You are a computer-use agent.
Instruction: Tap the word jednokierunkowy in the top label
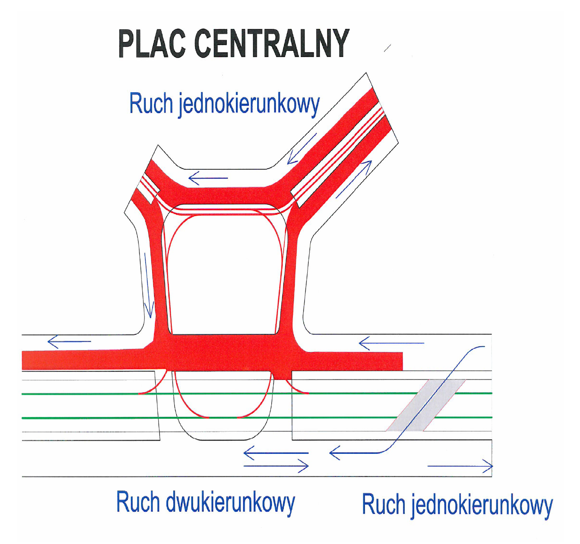coord(249,104)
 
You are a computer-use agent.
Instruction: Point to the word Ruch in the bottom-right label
coord(384,505)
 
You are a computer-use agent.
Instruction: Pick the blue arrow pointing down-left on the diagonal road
coord(302,149)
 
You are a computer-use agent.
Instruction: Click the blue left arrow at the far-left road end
coord(69,342)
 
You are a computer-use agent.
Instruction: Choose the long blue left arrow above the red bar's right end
coord(391,343)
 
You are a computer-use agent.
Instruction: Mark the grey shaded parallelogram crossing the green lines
coord(426,405)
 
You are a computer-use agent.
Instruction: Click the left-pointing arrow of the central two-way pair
coord(276,453)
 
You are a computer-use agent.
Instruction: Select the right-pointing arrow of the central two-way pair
coord(276,466)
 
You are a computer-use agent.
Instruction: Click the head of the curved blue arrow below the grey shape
coord(335,453)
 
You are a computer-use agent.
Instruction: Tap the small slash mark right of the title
coord(387,48)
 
